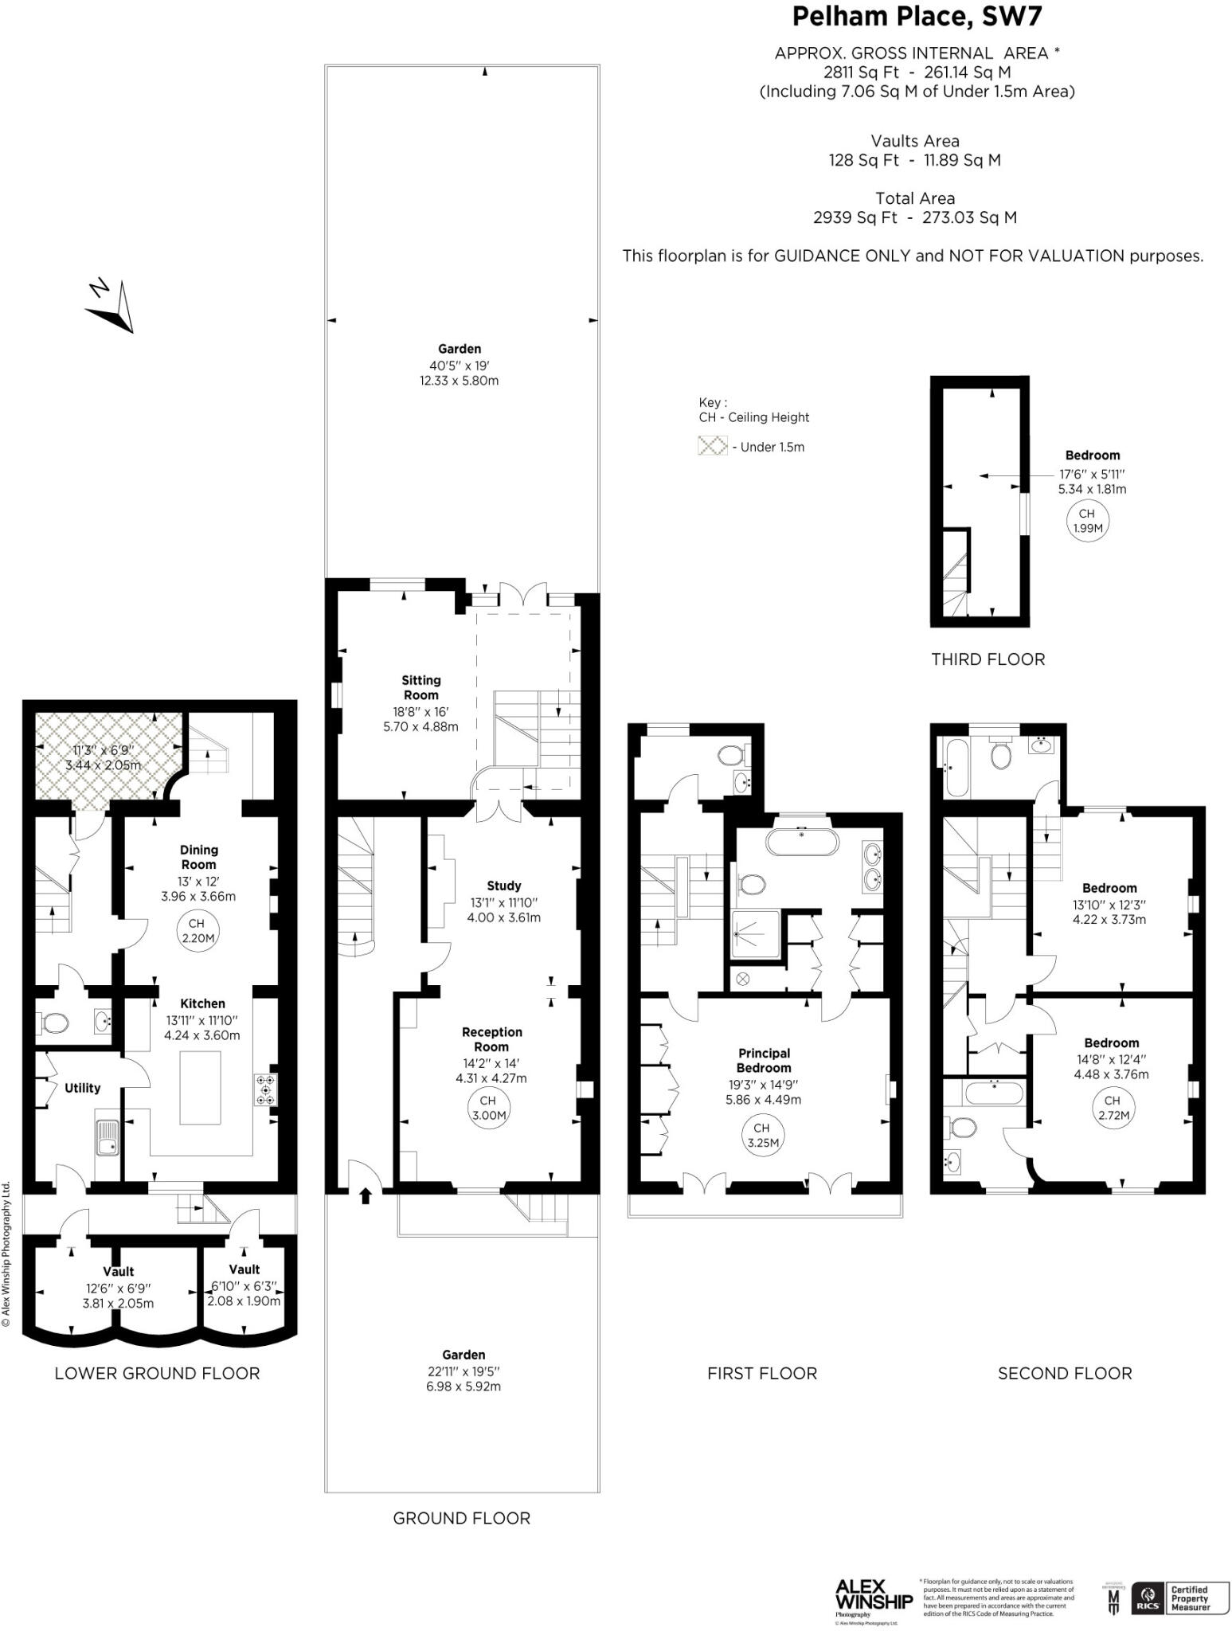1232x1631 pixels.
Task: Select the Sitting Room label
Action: point(420,687)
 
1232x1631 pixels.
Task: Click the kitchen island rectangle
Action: point(200,1088)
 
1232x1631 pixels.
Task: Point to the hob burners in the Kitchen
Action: point(264,1090)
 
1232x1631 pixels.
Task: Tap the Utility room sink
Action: point(106,1136)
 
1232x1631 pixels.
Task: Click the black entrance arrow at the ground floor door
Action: point(366,1195)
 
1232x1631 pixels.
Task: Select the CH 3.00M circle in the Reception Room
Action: point(488,1108)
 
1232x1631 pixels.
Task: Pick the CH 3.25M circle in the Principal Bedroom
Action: point(761,1135)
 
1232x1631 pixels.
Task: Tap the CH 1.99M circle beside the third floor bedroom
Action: point(1087,521)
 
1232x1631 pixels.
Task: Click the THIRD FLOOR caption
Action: point(988,659)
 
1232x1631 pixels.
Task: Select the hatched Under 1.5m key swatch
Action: point(713,446)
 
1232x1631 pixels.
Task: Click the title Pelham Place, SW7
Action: point(916,17)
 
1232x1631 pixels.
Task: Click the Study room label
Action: point(503,886)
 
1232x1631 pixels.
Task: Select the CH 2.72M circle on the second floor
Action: point(1113,1108)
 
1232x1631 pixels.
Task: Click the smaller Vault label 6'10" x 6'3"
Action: point(244,1285)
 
